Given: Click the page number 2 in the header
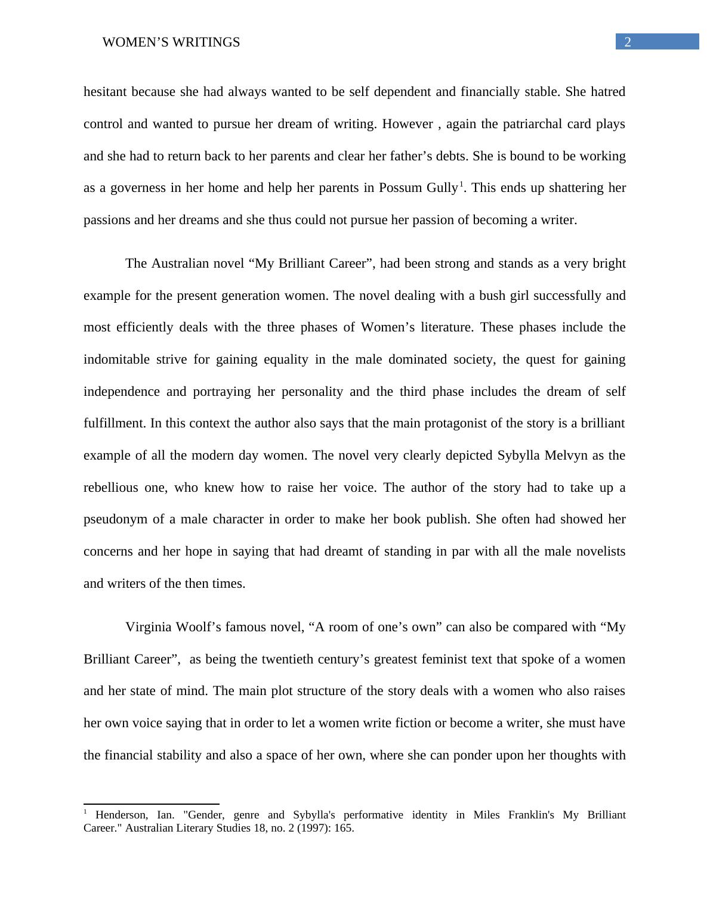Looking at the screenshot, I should pyautogui.click(x=628, y=42).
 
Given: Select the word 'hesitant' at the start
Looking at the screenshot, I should pyautogui.click(x=105, y=92).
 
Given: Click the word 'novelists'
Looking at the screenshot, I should pyautogui.click(x=600, y=551).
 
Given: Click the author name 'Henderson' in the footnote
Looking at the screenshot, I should pyautogui.click(x=121, y=815).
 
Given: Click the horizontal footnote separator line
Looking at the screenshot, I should pyautogui.click(x=152, y=804).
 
